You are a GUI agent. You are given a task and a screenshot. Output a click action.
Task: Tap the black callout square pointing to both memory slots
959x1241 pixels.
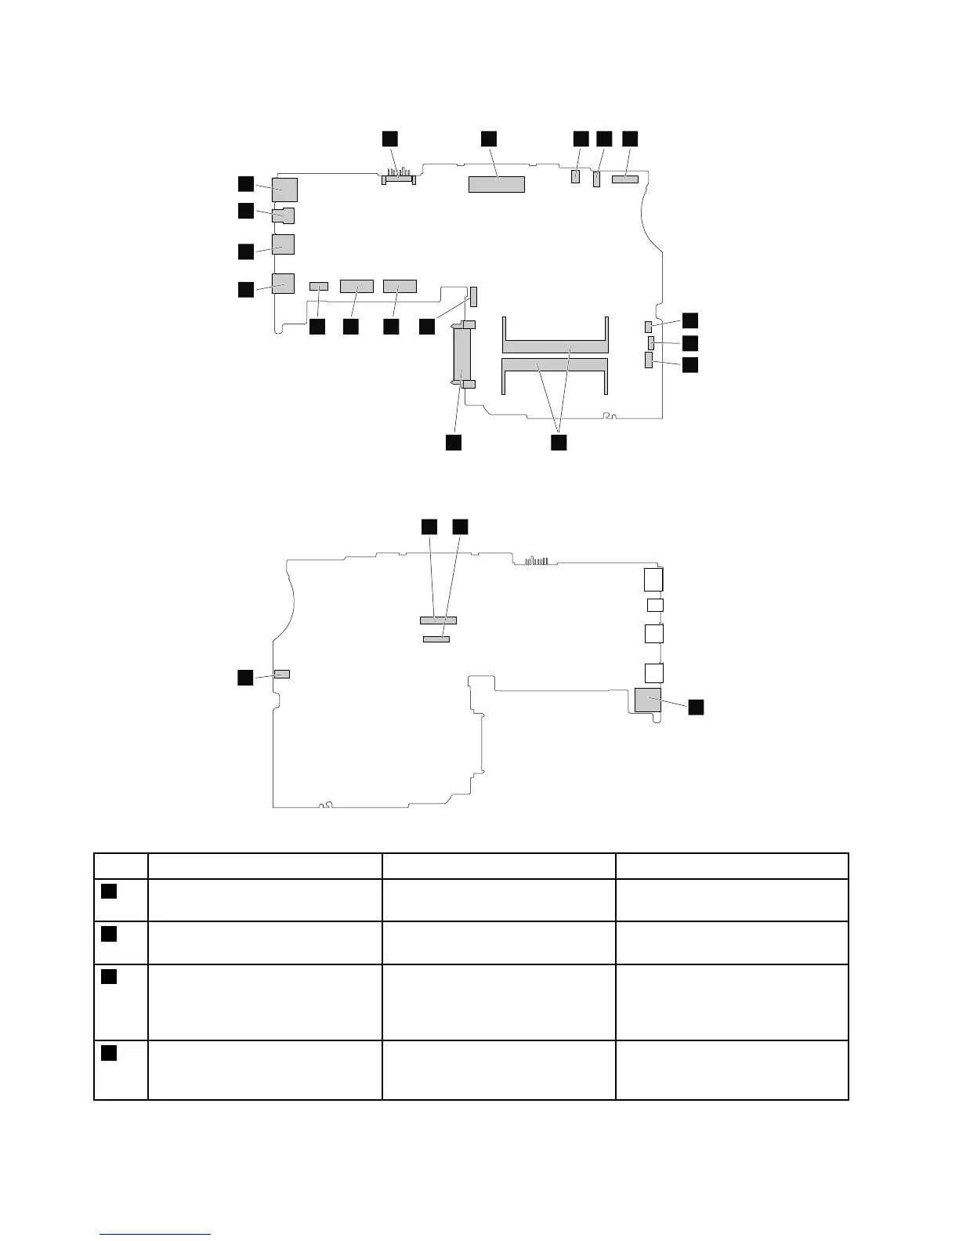click(x=558, y=443)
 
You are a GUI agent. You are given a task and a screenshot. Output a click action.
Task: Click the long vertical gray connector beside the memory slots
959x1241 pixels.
click(x=463, y=356)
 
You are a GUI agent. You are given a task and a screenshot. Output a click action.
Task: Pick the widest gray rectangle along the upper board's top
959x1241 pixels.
click(x=496, y=184)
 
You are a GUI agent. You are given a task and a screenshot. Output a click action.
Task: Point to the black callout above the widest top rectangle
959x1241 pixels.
click(x=488, y=138)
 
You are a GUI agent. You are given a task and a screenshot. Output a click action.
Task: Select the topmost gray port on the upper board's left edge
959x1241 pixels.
click(x=284, y=189)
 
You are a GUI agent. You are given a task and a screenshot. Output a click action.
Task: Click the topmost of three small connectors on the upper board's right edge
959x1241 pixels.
click(x=648, y=326)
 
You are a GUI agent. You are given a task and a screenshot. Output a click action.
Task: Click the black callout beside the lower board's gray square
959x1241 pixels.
click(x=696, y=707)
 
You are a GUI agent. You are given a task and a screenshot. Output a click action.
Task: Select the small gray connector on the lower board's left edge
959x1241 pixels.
click(x=282, y=674)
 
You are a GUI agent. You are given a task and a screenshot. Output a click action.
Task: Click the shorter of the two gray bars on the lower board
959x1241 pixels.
click(x=436, y=639)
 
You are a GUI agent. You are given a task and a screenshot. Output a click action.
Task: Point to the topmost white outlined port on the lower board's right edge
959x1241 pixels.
click(x=653, y=580)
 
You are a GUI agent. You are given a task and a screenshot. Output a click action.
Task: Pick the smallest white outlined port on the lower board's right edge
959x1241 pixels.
click(x=655, y=605)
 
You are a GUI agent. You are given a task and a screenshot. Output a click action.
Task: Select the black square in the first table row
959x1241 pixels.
click(x=109, y=891)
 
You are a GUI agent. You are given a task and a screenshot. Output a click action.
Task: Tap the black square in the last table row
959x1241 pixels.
click(x=109, y=1052)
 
